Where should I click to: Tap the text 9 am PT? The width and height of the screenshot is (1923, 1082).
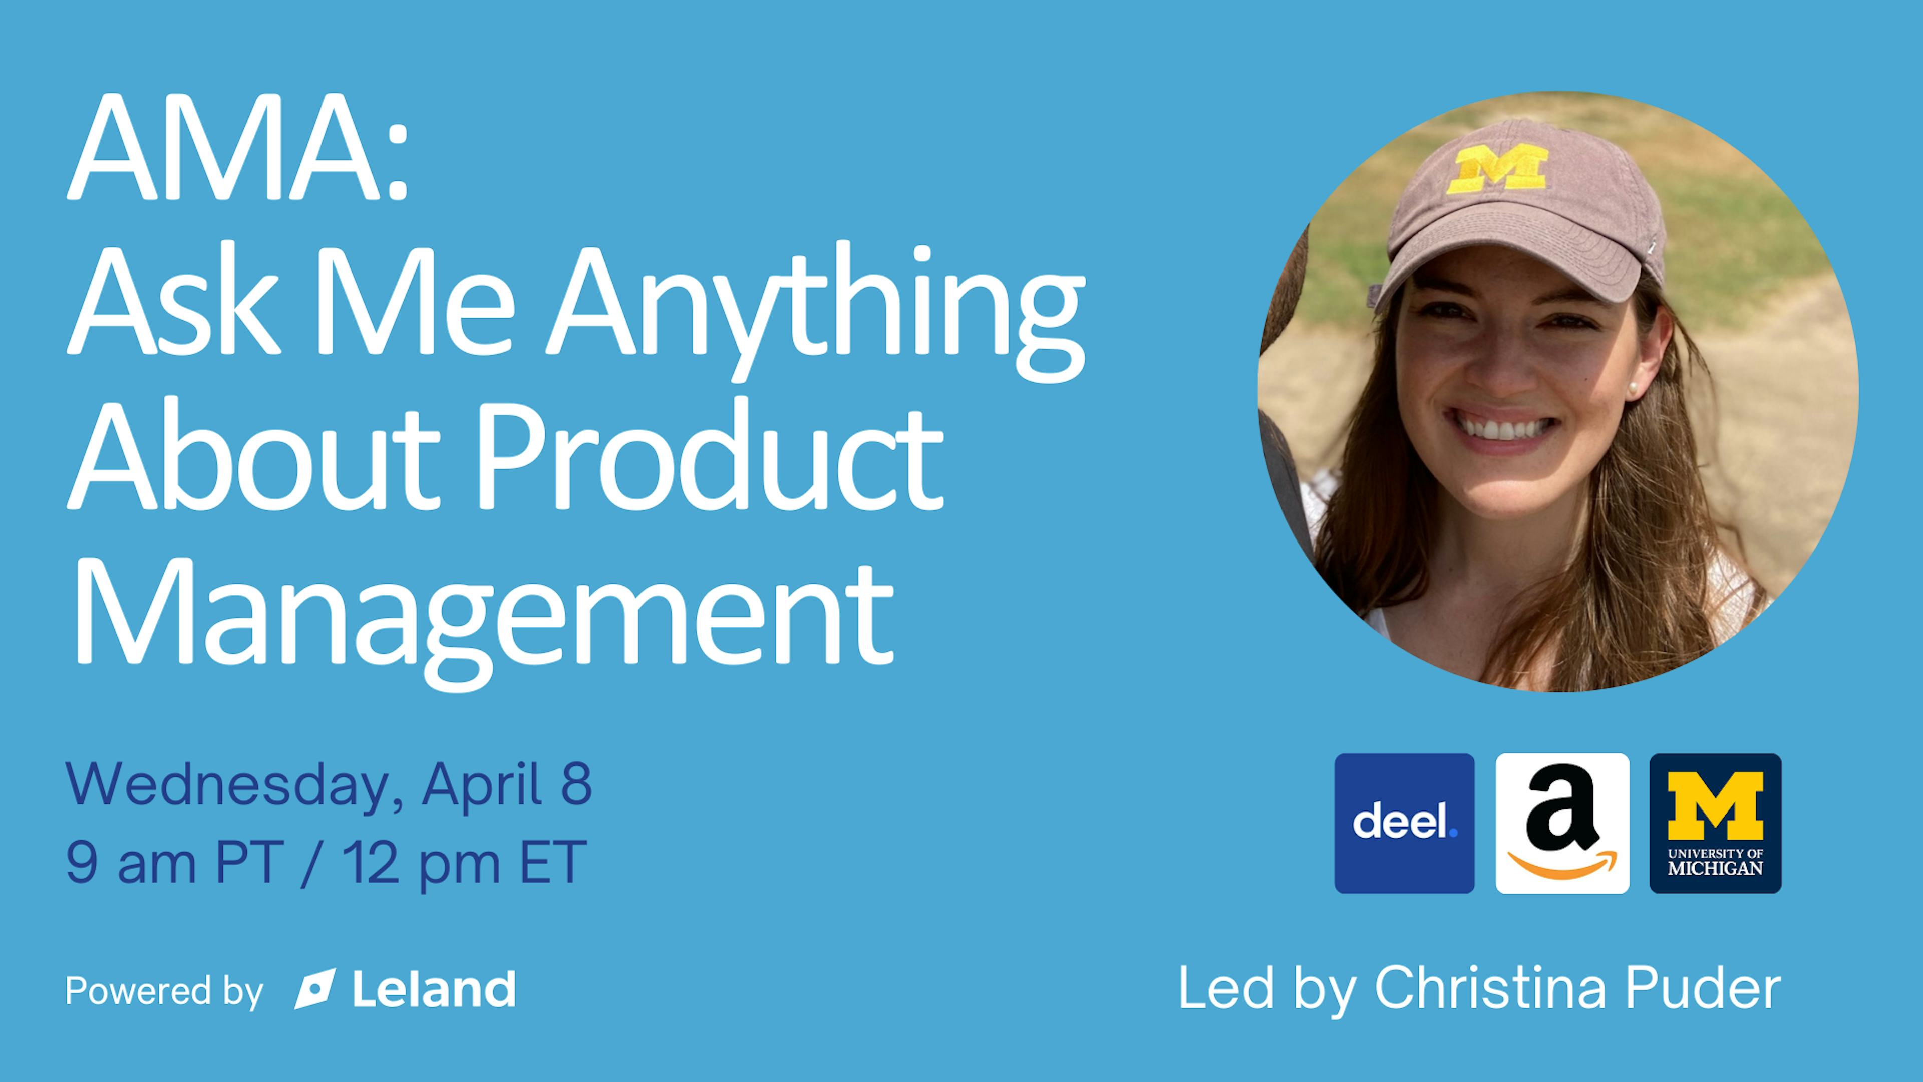175,863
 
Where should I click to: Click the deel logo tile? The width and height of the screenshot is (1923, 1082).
1404,824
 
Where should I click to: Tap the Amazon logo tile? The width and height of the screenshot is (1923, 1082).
1562,824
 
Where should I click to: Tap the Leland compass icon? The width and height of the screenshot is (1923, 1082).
314,989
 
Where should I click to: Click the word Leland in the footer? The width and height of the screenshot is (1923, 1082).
434,989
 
